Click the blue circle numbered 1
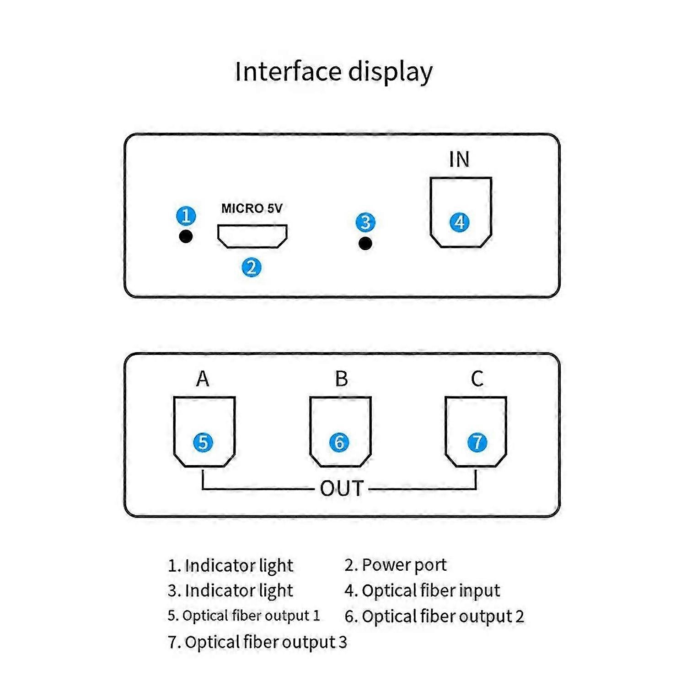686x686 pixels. pyautogui.click(x=186, y=215)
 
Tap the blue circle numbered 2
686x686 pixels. pyautogui.click(x=251, y=267)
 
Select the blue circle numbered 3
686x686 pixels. pyautogui.click(x=365, y=222)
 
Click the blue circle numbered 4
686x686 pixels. pyautogui.click(x=460, y=222)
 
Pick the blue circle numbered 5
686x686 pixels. pyautogui.click(x=203, y=442)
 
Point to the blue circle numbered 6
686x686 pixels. pyautogui.click(x=339, y=442)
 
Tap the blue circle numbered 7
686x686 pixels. pyautogui.click(x=477, y=442)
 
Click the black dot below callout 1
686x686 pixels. pyautogui.click(x=186, y=236)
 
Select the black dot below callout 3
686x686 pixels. pyautogui.click(x=365, y=243)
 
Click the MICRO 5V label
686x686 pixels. pyautogui.click(x=252, y=209)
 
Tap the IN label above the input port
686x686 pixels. pyautogui.click(x=459, y=160)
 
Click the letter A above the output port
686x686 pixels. pyautogui.click(x=203, y=379)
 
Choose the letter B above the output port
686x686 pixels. pyautogui.click(x=341, y=379)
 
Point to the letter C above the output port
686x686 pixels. pyautogui.click(x=477, y=379)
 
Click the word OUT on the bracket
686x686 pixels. pyautogui.click(x=342, y=489)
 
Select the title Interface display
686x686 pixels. pyautogui.click(x=333, y=72)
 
